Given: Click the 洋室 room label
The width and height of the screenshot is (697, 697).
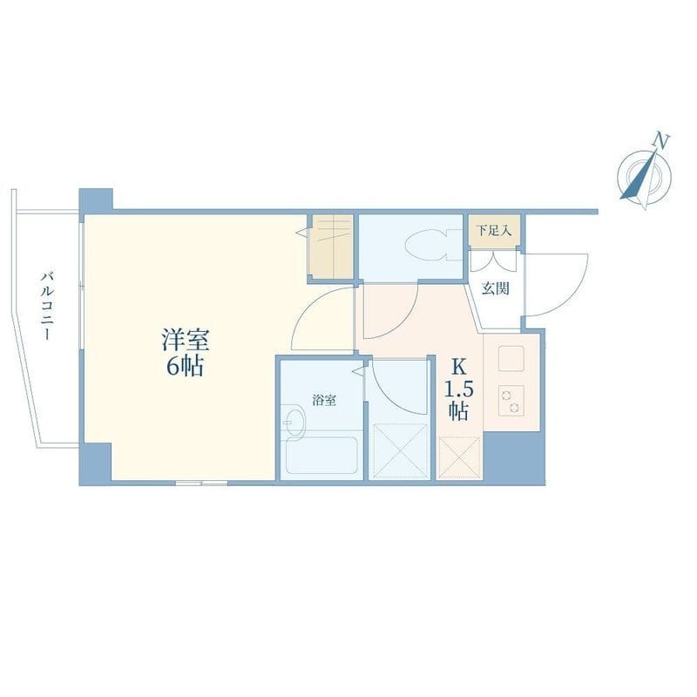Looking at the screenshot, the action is pos(186,340).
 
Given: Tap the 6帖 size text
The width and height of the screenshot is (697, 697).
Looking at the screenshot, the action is pos(186,367).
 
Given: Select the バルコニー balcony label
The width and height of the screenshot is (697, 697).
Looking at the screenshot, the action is pos(48,307).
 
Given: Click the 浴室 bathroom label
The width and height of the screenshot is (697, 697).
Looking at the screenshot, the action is pos(323,401).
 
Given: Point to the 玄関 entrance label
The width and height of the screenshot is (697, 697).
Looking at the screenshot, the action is pos(496,289).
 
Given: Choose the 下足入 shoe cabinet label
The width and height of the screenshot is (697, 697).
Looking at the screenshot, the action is pos(494,231).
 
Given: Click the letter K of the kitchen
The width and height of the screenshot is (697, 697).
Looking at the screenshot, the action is pos(459,367).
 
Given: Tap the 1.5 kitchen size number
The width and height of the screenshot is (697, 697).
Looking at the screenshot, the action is pos(459,389).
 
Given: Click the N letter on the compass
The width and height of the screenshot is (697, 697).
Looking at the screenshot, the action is pos(661,140).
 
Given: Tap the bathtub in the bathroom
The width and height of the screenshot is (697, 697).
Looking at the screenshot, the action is pos(321,456).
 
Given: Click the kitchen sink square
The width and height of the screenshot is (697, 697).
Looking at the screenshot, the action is pos(511,358).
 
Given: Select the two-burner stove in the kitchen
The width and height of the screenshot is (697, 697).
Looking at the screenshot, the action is pos(511,401).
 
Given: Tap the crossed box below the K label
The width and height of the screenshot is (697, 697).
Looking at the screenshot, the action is pos(460,457).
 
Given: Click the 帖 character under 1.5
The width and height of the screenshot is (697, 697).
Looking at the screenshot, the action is pos(458,411).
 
